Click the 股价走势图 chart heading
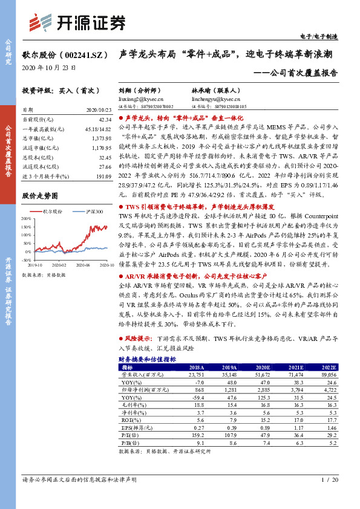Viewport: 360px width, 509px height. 40,196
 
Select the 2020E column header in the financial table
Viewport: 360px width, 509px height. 263,367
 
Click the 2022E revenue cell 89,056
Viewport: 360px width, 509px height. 327,375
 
